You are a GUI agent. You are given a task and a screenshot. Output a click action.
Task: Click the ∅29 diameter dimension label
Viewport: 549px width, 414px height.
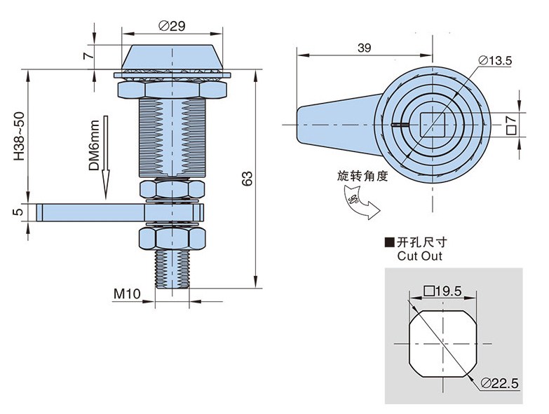(x=172, y=26)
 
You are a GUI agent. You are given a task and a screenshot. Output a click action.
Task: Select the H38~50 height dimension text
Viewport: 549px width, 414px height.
(x=19, y=137)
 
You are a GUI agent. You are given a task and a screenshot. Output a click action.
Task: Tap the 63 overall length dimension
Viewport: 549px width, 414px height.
(x=247, y=179)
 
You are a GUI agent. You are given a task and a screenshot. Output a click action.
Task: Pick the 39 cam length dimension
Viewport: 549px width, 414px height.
(x=364, y=48)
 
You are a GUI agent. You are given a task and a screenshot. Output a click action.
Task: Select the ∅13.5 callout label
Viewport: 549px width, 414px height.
(x=496, y=61)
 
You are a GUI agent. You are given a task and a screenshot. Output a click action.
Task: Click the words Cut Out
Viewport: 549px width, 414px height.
(x=420, y=256)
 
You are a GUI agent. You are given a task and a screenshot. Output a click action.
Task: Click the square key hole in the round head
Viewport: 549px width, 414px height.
(x=429, y=125)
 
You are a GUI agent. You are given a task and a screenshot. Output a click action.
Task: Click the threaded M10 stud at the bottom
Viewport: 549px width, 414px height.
(x=172, y=270)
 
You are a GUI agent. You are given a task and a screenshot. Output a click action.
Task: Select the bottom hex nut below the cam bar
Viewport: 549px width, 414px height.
(x=172, y=237)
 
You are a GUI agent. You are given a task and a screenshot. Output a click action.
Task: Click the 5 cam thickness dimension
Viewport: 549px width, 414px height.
(x=18, y=210)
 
